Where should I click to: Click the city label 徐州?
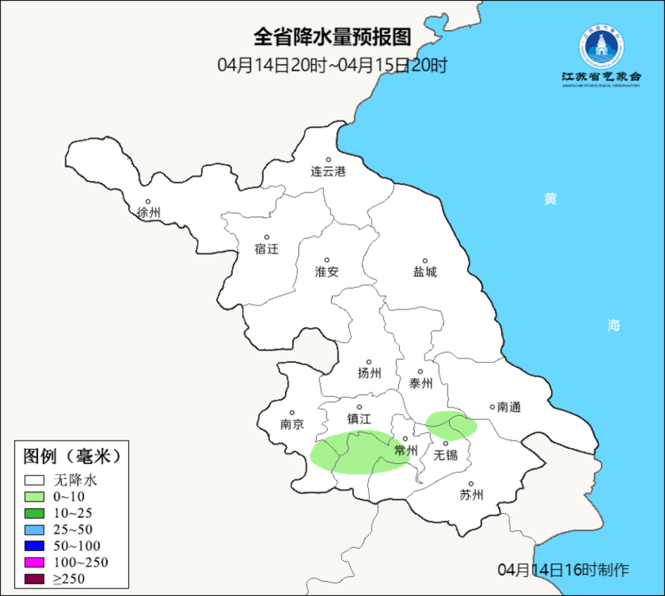(149, 213)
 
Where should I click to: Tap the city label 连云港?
(328, 172)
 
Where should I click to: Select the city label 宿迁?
(267, 249)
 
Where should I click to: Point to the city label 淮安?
(327, 272)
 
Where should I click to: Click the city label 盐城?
(425, 272)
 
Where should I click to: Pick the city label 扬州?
(369, 373)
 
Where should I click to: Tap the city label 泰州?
(421, 383)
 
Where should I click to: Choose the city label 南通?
(509, 407)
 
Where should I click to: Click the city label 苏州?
(472, 495)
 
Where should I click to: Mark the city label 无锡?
(446, 455)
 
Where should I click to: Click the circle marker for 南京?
(292, 413)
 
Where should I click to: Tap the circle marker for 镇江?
(360, 407)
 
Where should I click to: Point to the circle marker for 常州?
(405, 439)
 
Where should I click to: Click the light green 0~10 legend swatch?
(34, 496)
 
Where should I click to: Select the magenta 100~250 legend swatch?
(34, 562)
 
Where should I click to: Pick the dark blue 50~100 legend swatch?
(34, 546)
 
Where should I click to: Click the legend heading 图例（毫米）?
(71, 456)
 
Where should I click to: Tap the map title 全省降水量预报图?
(332, 37)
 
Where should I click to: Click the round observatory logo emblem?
(601, 46)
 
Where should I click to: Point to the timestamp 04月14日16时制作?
(563, 570)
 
